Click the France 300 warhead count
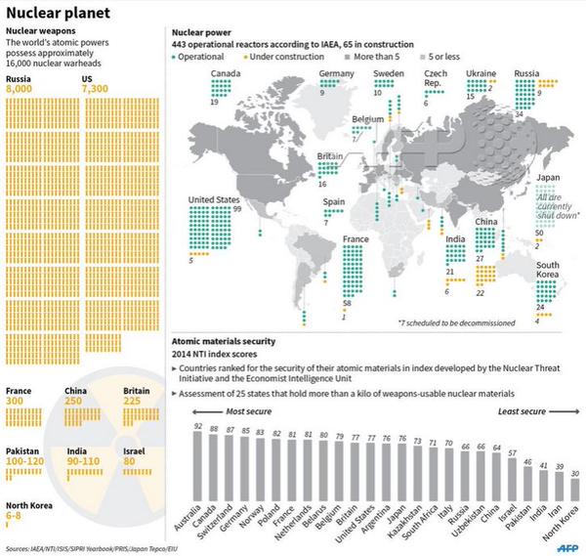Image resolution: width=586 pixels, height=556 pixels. pos(15,401)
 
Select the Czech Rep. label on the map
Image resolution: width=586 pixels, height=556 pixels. pos(436,79)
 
